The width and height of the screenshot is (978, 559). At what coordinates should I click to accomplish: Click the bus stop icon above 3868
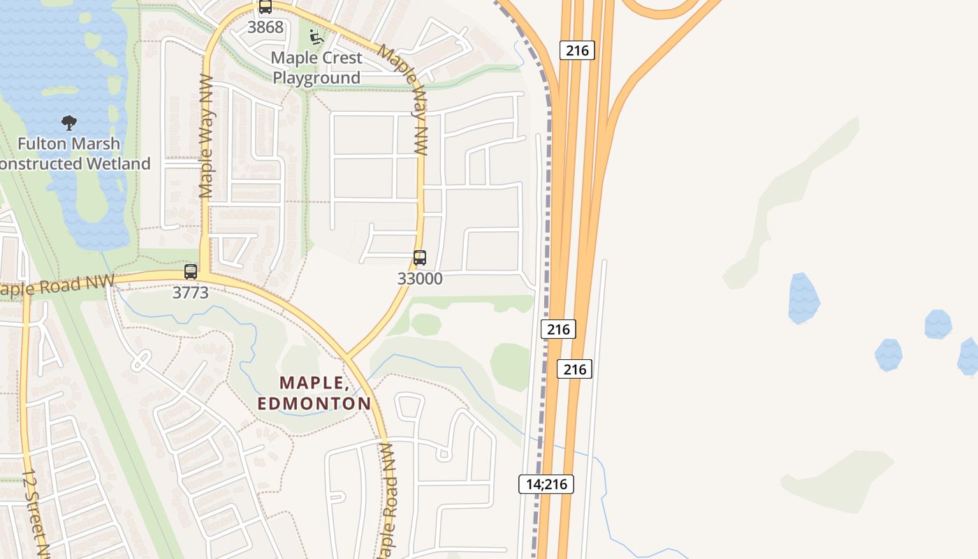click(x=265, y=7)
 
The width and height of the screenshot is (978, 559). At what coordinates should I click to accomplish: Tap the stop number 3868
click(x=265, y=27)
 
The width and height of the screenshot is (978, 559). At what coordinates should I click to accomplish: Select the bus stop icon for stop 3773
click(x=191, y=271)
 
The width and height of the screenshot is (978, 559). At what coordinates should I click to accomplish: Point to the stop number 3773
click(x=190, y=293)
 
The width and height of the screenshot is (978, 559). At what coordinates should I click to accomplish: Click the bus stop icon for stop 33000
click(x=419, y=257)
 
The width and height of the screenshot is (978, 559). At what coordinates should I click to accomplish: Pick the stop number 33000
click(x=420, y=278)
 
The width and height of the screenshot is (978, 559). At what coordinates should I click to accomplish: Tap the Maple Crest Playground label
click(x=316, y=68)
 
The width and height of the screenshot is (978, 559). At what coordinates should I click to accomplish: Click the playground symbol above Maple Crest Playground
click(x=316, y=36)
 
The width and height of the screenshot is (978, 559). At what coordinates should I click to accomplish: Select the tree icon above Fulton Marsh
click(x=68, y=124)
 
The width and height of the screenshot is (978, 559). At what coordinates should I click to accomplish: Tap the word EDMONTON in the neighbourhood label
click(x=314, y=403)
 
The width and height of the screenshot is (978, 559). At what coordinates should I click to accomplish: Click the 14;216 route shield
click(x=546, y=484)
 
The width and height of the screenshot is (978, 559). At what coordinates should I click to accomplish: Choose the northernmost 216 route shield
click(x=576, y=50)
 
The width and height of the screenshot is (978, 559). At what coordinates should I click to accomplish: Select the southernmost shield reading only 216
click(x=574, y=368)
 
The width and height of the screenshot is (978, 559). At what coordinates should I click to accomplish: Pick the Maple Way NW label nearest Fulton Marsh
click(x=207, y=136)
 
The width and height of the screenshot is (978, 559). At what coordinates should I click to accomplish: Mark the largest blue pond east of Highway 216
click(x=803, y=298)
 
